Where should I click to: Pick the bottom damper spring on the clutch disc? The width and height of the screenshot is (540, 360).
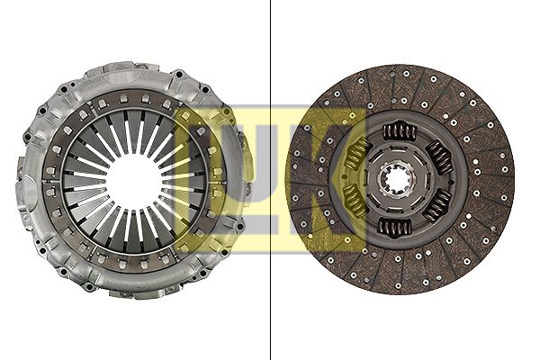tap(395, 228)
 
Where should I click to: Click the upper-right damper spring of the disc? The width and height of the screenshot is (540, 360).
tap(439, 157)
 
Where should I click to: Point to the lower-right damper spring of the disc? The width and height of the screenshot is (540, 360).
tap(436, 205)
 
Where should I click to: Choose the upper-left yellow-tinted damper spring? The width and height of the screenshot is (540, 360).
tap(357, 154)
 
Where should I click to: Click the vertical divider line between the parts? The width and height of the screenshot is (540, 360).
tap(270, 180)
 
